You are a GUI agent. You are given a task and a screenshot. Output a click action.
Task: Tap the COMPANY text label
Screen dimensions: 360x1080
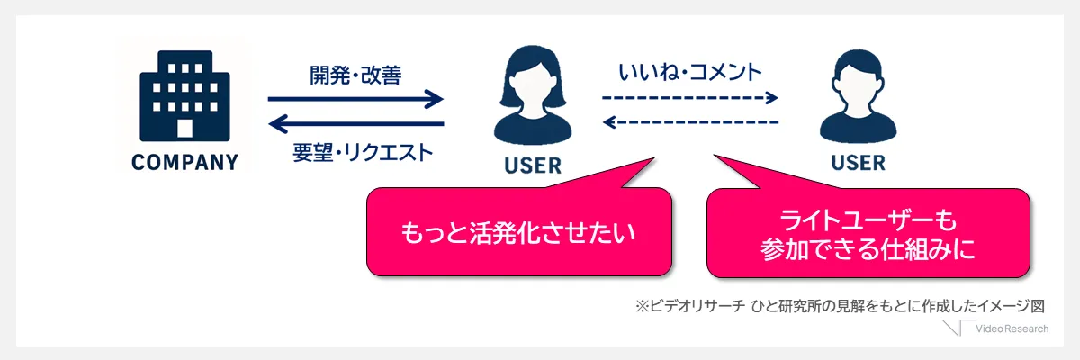[185, 163]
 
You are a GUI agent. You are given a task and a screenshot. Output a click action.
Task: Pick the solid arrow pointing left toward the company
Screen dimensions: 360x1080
[356, 124]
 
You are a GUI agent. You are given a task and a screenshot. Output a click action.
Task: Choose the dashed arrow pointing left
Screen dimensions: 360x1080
[690, 121]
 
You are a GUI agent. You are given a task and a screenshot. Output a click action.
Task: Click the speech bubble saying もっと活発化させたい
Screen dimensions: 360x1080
[519, 233]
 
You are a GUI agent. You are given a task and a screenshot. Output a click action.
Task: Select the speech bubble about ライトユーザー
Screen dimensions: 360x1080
[868, 233]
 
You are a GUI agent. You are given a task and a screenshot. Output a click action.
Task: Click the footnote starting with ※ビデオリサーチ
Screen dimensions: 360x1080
[841, 306]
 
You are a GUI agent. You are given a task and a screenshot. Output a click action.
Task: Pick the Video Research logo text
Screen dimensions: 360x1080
[1014, 329]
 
